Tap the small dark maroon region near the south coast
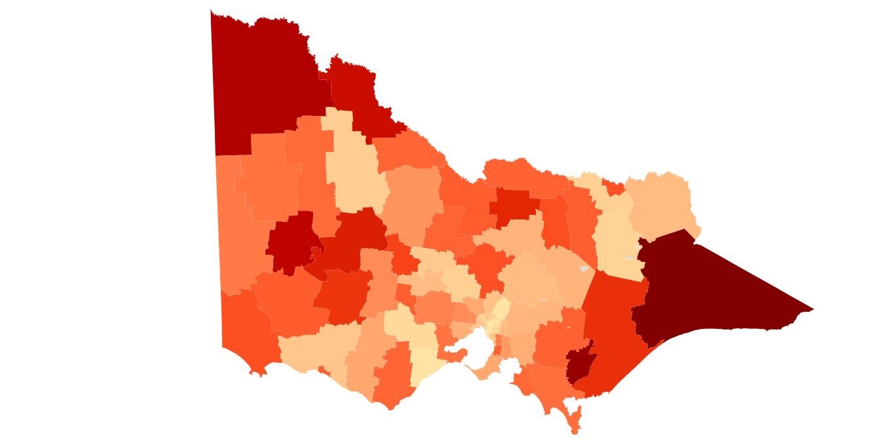point(579,364)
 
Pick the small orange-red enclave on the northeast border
point(614,188)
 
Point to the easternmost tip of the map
point(813,309)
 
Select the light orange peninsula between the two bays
point(488,373)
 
